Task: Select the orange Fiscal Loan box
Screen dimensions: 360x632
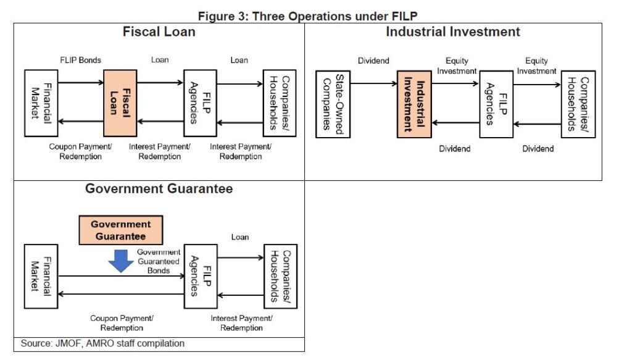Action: (x=120, y=103)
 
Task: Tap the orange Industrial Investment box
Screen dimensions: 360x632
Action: (x=414, y=103)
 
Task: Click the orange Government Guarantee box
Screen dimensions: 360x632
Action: (x=121, y=229)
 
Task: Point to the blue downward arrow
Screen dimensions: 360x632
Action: (x=121, y=262)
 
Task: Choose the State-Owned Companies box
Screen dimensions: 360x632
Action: (x=333, y=103)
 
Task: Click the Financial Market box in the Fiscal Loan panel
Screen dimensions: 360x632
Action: (x=41, y=103)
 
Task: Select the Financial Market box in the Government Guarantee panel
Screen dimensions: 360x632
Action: (x=41, y=276)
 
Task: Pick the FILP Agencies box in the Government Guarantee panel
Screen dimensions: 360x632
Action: (x=201, y=276)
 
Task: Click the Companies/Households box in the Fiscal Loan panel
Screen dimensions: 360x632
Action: (x=280, y=103)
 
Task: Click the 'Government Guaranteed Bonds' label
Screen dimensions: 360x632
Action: (x=159, y=261)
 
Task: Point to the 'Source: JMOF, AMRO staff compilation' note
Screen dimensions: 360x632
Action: (x=102, y=343)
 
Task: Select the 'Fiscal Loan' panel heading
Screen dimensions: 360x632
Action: (x=159, y=31)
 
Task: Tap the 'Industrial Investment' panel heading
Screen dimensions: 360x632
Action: (x=453, y=31)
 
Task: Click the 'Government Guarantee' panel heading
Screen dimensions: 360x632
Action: (x=159, y=189)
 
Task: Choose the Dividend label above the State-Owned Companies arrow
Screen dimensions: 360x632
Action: (x=373, y=61)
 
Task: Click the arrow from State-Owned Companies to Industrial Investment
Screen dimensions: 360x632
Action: (x=373, y=83)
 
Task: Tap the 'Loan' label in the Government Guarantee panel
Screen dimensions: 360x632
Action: (x=240, y=237)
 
